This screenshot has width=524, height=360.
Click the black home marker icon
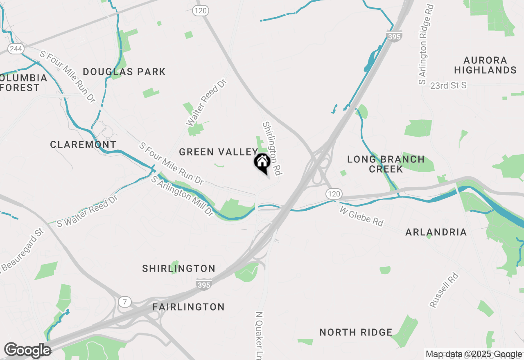click(262, 162)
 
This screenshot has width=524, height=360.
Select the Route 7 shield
click(124, 302)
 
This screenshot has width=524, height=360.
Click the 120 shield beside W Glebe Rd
click(334, 193)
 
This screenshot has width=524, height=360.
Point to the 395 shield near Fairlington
click(203, 284)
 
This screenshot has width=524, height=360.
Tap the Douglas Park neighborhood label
click(124, 72)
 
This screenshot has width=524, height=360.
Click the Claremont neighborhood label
click(83, 144)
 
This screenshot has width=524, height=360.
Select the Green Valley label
click(218, 152)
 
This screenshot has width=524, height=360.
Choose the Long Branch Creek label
click(386, 164)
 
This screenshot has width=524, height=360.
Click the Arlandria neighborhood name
click(436, 232)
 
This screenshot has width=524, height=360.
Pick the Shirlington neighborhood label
click(178, 269)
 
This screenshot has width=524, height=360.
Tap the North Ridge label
click(356, 332)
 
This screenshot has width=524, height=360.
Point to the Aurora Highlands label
click(485, 65)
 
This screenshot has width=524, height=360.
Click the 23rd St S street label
click(449, 85)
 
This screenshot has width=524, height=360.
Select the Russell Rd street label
click(444, 290)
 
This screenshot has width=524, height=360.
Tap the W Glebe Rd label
click(361, 216)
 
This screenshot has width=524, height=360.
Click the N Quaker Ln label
click(259, 335)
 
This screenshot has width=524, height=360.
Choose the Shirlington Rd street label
click(273, 148)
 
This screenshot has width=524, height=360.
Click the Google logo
click(27, 351)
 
